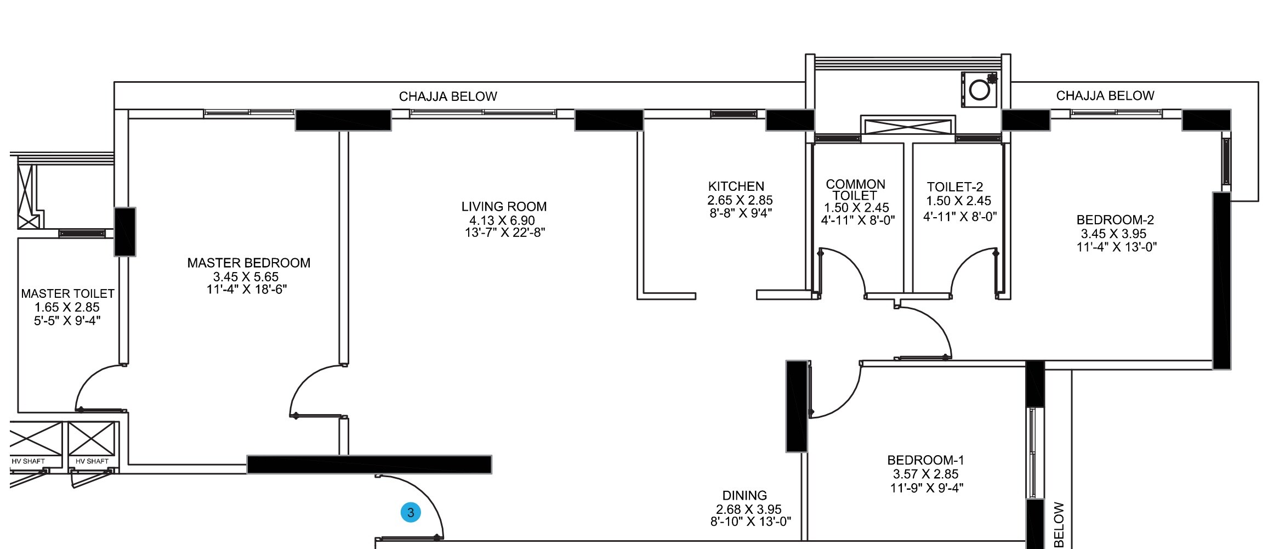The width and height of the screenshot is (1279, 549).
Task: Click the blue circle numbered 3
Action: click(411, 513)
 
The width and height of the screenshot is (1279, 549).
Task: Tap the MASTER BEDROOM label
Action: click(249, 263)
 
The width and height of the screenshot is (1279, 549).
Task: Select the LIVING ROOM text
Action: click(504, 207)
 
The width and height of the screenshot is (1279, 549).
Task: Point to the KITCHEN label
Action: click(736, 186)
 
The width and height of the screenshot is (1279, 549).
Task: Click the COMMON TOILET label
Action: click(855, 190)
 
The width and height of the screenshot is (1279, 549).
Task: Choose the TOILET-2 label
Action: click(954, 187)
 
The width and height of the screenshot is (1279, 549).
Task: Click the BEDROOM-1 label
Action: click(925, 460)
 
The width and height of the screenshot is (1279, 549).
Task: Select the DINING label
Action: click(744, 496)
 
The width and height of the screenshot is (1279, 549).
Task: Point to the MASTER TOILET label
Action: click(67, 294)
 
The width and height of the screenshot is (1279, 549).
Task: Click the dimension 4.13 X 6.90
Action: click(502, 220)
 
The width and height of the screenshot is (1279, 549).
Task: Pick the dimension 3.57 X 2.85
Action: click(925, 474)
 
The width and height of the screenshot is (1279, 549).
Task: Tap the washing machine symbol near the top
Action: click(979, 89)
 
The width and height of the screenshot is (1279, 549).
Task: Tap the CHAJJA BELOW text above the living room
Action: click(447, 97)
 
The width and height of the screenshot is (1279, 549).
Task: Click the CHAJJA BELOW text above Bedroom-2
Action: click(1105, 96)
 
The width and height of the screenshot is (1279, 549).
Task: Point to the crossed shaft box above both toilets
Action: click(908, 125)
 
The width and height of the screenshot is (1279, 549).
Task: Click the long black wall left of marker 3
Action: click(369, 464)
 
